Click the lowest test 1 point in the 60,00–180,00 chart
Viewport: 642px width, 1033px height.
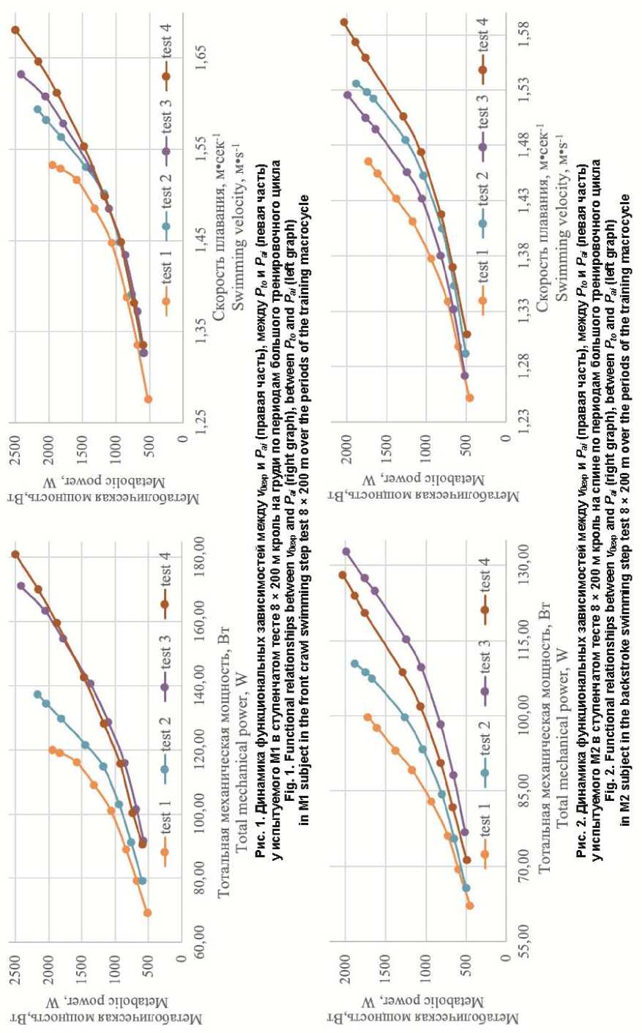(147, 912)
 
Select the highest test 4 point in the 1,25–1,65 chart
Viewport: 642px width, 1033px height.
(15, 30)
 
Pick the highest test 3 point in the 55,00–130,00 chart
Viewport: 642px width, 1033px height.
(346, 551)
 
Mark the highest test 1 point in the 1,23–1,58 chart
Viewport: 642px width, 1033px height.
(367, 162)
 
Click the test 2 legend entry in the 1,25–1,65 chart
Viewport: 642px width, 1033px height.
(166, 207)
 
